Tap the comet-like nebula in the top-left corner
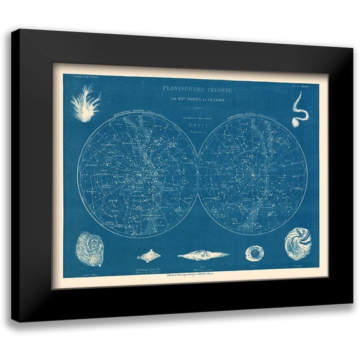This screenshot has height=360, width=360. pyautogui.click(x=86, y=104)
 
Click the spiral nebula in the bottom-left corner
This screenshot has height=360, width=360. pyautogui.click(x=89, y=249)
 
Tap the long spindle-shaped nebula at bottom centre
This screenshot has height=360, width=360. pyautogui.click(x=203, y=255)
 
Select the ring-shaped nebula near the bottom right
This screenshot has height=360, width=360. pyautogui.click(x=254, y=252)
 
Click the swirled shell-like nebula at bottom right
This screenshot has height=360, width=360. pyautogui.click(x=297, y=243)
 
